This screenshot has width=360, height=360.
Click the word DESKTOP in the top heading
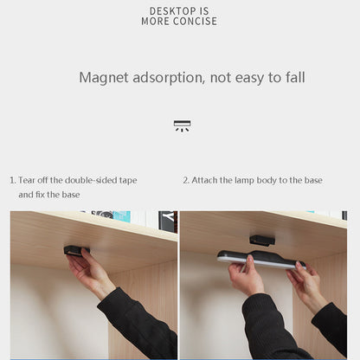tap(166, 10)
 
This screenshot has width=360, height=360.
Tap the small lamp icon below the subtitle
tap(182, 125)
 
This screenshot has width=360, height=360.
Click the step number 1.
tap(12, 180)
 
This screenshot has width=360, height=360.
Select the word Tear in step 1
tap(28, 180)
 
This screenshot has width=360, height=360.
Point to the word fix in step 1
tap(40, 195)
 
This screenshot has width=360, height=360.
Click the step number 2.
tap(185, 180)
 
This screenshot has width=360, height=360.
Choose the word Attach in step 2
tap(207, 180)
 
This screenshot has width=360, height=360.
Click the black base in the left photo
tap(76, 250)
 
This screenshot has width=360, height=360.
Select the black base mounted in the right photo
tap(262, 238)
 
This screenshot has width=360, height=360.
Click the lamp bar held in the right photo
tap(260, 260)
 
